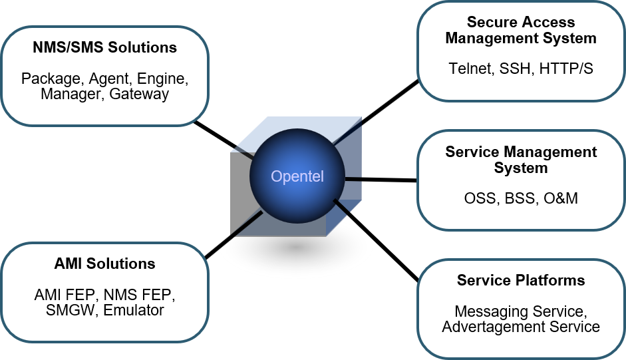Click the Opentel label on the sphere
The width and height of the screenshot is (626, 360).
click(297, 176)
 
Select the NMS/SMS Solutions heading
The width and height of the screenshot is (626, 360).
click(105, 47)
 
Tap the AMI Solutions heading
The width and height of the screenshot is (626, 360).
click(105, 264)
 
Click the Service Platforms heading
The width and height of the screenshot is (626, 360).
click(521, 280)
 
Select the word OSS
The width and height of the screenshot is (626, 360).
click(480, 198)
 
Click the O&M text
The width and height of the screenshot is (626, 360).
click(559, 198)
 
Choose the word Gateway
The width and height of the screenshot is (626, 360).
click(139, 94)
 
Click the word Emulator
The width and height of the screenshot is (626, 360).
click(134, 309)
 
